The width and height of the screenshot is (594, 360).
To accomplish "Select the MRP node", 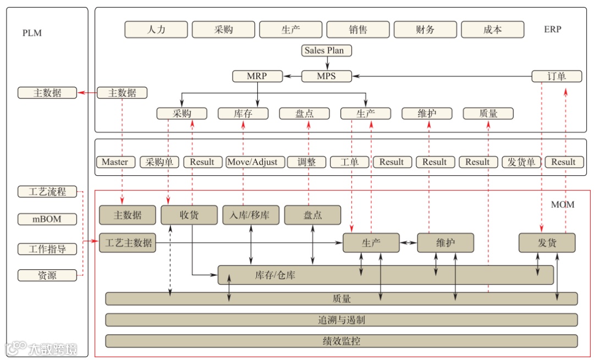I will pyautogui.click(x=257, y=76).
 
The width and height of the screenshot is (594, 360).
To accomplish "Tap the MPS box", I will pyautogui.click(x=326, y=76).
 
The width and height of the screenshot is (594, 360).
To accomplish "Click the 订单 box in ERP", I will pyautogui.click(x=557, y=76).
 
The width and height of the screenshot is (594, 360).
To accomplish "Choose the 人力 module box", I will pyautogui.click(x=156, y=30).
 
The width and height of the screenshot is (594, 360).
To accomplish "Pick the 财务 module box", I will pyautogui.click(x=425, y=30).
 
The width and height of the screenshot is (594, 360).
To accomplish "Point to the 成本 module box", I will pyautogui.click(x=492, y=30).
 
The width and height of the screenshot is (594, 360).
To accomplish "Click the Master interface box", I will pyautogui.click(x=115, y=162).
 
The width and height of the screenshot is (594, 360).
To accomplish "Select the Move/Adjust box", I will pyautogui.click(x=255, y=162).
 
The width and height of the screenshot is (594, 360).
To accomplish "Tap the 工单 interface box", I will pyautogui.click(x=349, y=162).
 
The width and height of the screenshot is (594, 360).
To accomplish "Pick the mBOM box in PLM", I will pyautogui.click(x=47, y=219).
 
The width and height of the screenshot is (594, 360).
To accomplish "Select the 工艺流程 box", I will pyautogui.click(x=47, y=192).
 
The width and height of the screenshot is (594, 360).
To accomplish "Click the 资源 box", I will pyautogui.click(x=47, y=275).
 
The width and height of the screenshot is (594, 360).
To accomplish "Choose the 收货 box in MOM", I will pyautogui.click(x=189, y=215).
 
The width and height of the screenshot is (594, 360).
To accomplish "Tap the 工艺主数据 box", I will pyautogui.click(x=128, y=242).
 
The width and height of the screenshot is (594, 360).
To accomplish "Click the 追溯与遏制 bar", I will pyautogui.click(x=341, y=320).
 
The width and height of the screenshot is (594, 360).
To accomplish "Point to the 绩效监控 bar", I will pyautogui.click(x=341, y=341).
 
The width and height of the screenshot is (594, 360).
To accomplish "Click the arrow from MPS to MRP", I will pyautogui.click(x=292, y=76).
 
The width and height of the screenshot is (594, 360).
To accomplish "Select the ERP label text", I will pyautogui.click(x=552, y=29).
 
